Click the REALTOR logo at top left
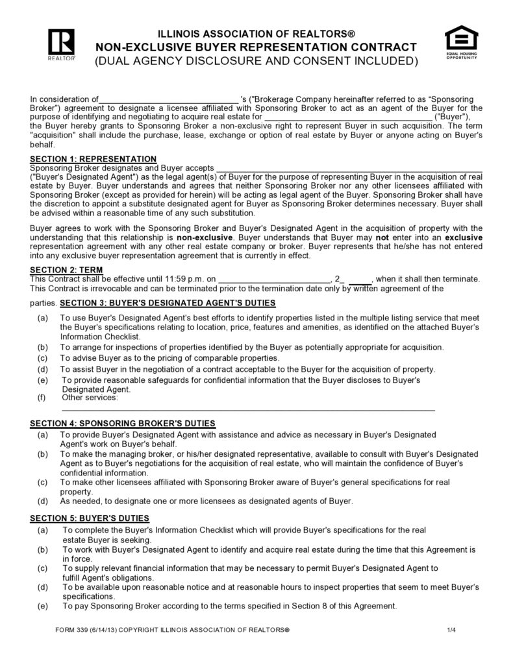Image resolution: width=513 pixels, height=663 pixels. click(x=62, y=44)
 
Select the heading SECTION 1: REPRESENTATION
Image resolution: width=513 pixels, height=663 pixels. click(x=94, y=159)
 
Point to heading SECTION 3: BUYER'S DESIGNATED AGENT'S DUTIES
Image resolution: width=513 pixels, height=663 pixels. click(x=168, y=304)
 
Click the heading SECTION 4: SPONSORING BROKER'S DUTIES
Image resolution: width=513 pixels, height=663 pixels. click(x=123, y=424)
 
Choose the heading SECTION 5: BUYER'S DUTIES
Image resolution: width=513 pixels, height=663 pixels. click(x=90, y=518)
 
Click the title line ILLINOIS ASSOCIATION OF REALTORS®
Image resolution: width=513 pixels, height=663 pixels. click(x=256, y=34)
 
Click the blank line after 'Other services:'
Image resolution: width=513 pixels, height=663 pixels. click(x=247, y=409)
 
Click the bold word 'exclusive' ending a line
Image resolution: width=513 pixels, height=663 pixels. click(x=462, y=237)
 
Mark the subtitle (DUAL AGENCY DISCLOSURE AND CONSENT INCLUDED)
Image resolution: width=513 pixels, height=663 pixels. click(x=256, y=62)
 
